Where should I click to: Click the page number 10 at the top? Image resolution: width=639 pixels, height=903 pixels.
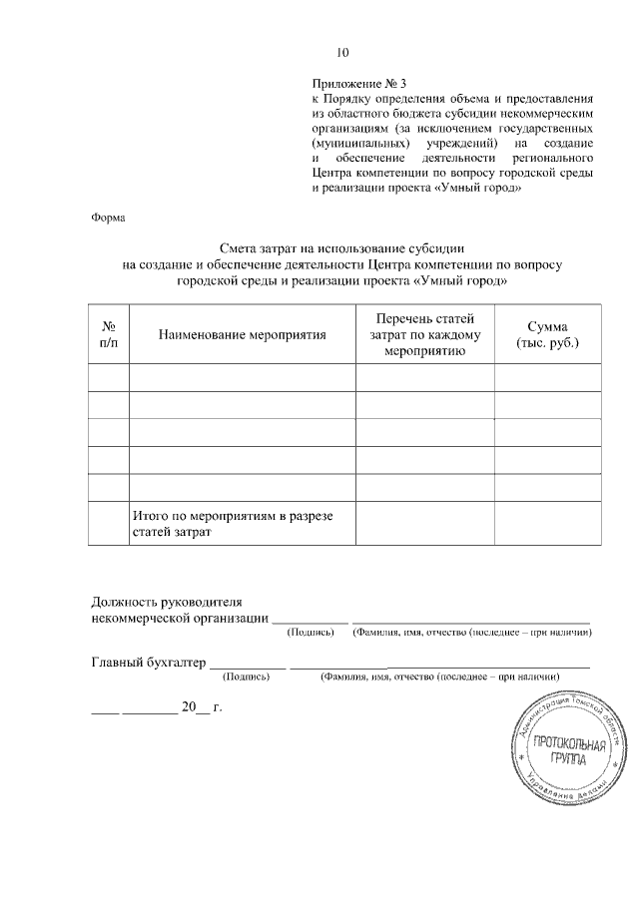[341, 52]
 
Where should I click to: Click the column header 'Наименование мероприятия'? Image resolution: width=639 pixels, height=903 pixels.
[243, 335]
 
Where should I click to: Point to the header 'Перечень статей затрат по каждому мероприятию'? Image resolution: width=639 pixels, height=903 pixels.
[424, 334]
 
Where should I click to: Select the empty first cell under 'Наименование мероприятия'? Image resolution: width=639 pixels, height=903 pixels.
[243, 377]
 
